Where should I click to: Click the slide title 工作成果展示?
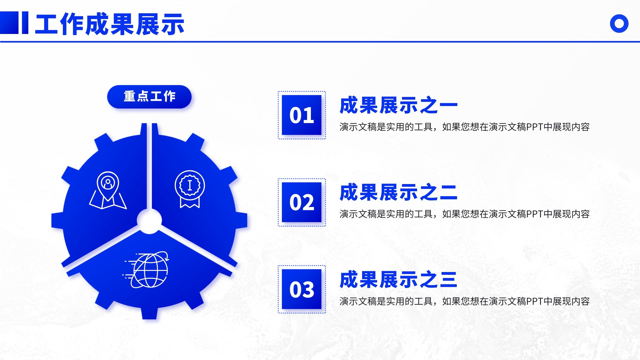coord(110,24)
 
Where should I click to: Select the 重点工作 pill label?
coord(149,96)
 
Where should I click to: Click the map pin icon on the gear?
coord(108,190)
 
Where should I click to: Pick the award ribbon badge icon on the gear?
coord(190,189)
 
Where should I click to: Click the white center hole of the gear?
coord(150,221)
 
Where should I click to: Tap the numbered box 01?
coord(302,115)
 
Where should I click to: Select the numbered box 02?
coord(302,202)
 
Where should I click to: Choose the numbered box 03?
coord(302,289)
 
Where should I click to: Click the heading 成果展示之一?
coord(398,106)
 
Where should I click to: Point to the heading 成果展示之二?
coord(398,192)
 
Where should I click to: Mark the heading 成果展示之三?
coord(398,280)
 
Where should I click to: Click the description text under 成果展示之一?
coord(464,127)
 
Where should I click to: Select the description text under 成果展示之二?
coord(464,214)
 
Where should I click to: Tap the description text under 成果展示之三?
coord(464,301)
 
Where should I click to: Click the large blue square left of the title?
coord(9,23)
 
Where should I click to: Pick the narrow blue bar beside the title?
coord(25,23)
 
